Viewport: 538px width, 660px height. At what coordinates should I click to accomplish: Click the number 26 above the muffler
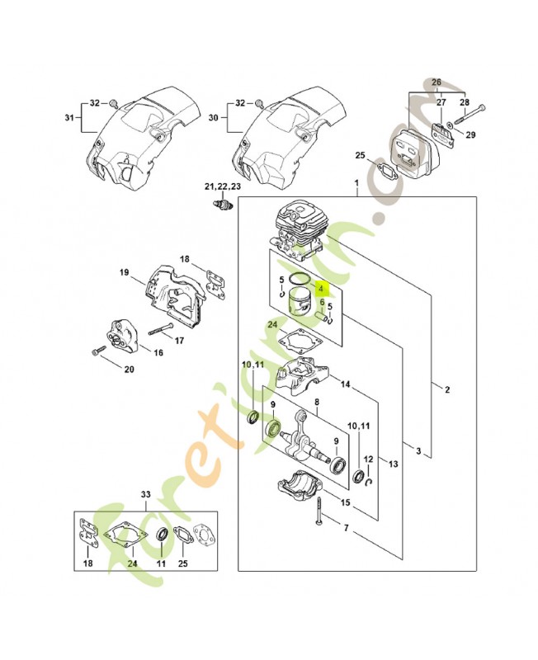[x=437, y=83]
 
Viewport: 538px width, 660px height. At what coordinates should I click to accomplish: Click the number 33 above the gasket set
[x=146, y=495]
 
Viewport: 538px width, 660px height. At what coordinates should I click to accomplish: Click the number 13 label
[x=393, y=464]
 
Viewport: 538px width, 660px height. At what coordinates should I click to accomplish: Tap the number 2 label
[x=447, y=389]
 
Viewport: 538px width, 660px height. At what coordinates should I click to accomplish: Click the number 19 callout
[x=124, y=272]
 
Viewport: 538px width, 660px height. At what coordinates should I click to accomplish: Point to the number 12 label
[x=369, y=459]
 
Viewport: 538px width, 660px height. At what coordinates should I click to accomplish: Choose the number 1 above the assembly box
[x=356, y=182]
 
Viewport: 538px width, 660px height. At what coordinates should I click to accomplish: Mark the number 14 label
[x=345, y=384]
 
